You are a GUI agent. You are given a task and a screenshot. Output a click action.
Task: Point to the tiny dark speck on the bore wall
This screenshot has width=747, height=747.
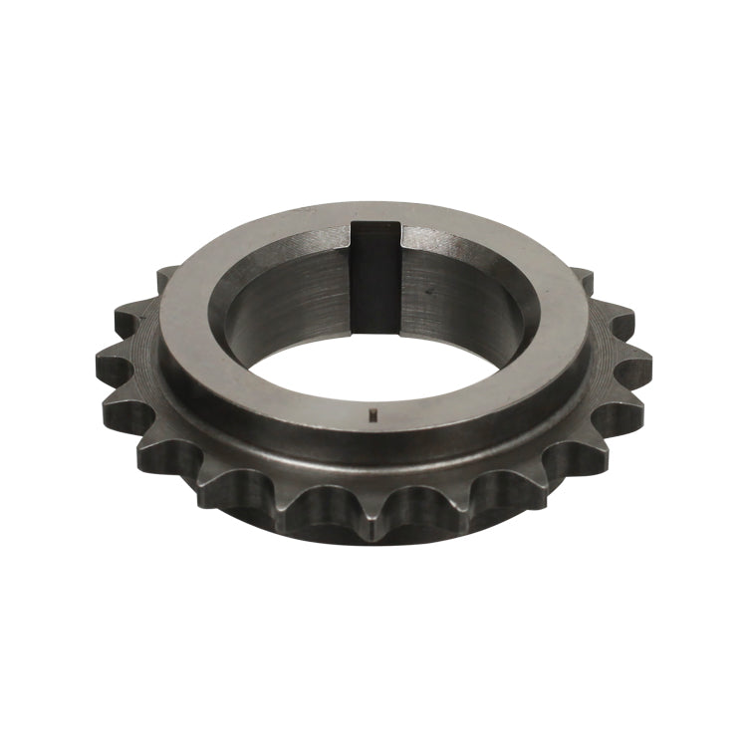click(x=430, y=293)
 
